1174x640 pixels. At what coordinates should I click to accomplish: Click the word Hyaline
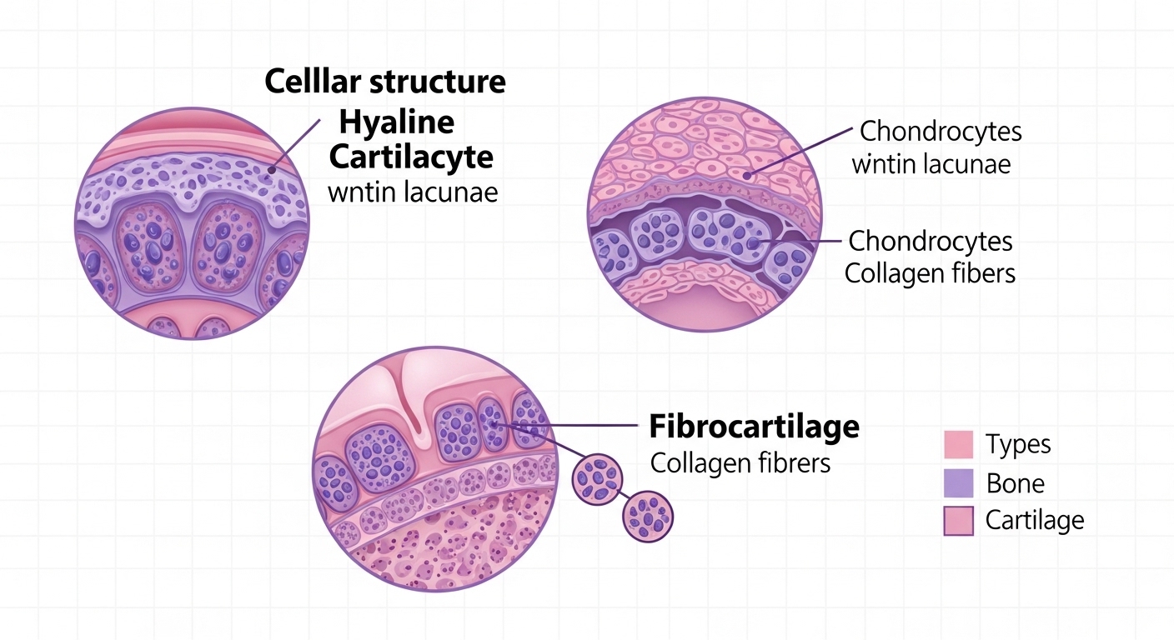(397, 122)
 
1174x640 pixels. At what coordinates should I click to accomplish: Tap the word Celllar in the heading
(310, 82)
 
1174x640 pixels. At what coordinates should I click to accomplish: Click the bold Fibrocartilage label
(754, 427)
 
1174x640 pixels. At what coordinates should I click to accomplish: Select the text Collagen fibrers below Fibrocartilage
(740, 463)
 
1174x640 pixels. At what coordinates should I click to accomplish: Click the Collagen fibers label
(930, 273)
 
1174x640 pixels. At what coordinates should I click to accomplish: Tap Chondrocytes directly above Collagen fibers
(931, 242)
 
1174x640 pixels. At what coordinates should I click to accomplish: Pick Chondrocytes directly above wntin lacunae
(941, 132)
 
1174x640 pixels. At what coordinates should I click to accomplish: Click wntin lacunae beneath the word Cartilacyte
(413, 192)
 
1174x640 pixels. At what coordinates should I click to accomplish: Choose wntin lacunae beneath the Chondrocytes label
(931, 163)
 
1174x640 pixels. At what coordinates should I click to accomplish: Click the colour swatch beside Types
(958, 444)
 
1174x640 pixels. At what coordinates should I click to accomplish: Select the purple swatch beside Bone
(958, 483)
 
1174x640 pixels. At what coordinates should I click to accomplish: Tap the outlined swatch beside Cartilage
(958, 521)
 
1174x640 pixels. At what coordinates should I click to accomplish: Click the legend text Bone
(1015, 483)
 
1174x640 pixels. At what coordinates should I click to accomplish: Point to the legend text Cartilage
(1035, 521)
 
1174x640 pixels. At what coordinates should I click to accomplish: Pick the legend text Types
(1018, 444)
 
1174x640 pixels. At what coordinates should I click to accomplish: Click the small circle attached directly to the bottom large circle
(597, 477)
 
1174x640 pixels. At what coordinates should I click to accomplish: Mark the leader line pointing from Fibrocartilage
(584, 427)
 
